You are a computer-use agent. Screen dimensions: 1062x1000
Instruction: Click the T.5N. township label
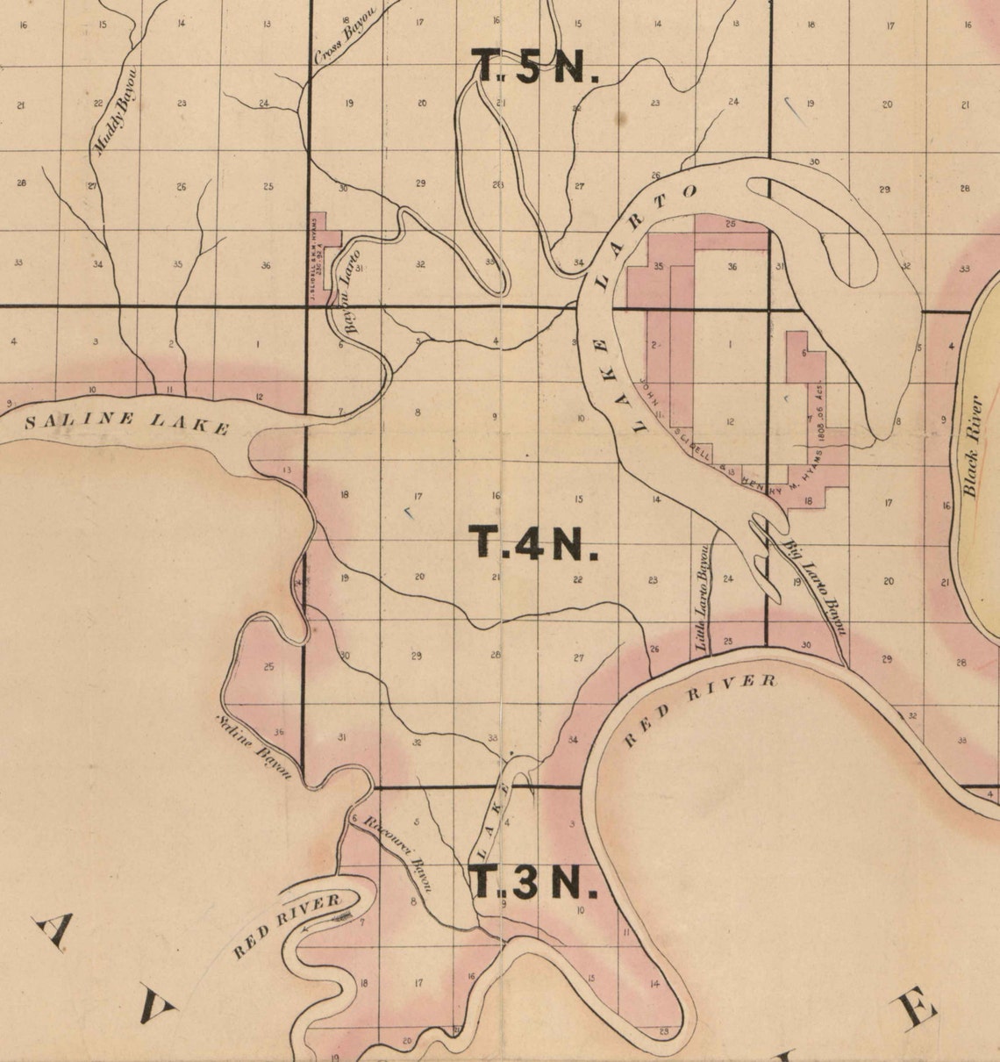tap(536, 65)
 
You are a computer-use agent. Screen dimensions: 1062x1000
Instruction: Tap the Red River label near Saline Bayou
tap(287, 927)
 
